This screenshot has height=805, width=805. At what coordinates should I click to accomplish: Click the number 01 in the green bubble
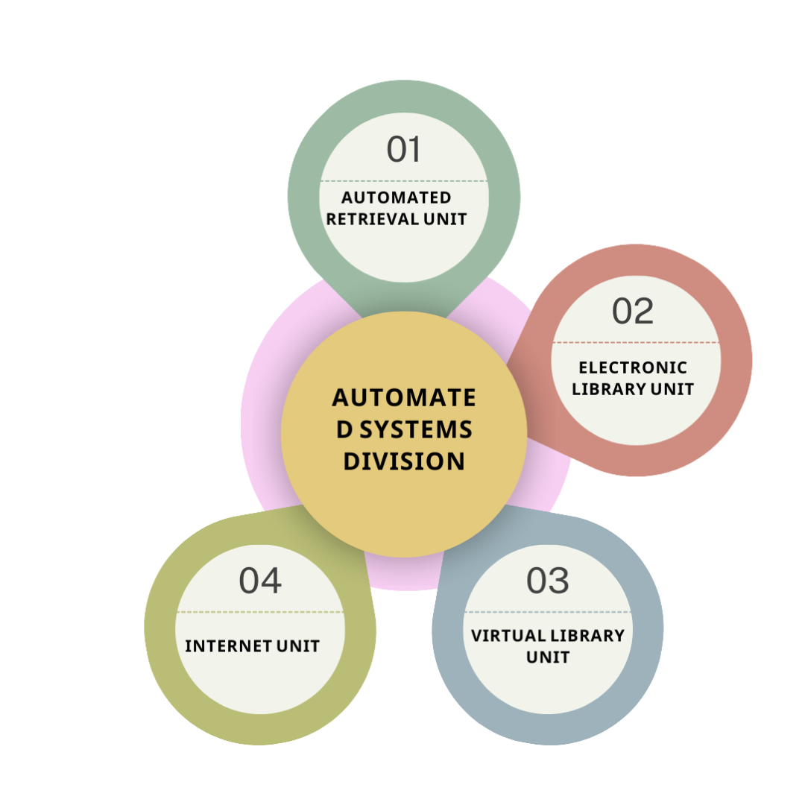(403, 149)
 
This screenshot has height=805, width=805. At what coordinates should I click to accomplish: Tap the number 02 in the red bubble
(632, 311)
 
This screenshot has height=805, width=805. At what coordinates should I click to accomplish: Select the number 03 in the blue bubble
(547, 581)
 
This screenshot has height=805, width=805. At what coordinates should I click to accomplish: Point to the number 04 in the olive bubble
(260, 581)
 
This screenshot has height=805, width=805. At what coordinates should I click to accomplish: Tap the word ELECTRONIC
(633, 367)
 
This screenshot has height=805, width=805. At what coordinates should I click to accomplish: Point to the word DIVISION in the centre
(403, 461)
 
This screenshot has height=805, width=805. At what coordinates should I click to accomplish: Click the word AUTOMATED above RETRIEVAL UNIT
(396, 198)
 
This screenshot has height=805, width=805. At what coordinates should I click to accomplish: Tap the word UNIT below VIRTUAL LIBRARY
(547, 657)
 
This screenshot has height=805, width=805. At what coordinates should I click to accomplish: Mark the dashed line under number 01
(403, 181)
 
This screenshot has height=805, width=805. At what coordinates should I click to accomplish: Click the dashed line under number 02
(635, 343)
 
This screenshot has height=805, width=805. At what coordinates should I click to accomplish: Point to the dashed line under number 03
(547, 613)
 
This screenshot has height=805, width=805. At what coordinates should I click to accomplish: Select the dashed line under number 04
(260, 613)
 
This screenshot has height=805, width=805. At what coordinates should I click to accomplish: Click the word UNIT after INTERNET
(298, 646)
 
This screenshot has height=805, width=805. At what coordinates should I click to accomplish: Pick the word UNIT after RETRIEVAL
(445, 219)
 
